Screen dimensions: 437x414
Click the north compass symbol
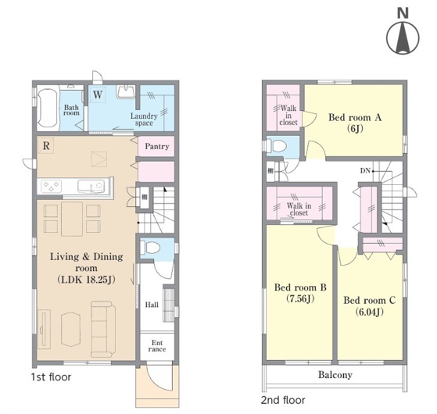[403, 34]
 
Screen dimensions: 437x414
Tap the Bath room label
[71, 110]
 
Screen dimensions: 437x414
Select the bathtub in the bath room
[48, 107]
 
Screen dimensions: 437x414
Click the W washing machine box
[98, 95]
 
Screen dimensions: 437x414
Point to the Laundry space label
[144, 119]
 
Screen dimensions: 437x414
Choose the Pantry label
[157, 146]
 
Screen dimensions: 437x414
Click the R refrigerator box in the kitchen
[46, 145]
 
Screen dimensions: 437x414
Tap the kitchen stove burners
[51, 186]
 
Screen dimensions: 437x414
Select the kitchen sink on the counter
[91, 186]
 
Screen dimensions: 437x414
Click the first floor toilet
[150, 247]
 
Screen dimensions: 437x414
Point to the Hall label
[152, 305]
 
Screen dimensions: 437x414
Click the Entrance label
[157, 346]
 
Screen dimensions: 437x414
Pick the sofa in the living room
[103, 329]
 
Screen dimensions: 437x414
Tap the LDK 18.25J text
[86, 279]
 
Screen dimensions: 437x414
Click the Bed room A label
[355, 117]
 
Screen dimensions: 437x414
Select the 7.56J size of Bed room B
[300, 299]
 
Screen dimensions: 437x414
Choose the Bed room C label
[369, 300]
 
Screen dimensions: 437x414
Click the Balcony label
[335, 374]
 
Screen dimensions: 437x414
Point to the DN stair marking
[365, 171]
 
